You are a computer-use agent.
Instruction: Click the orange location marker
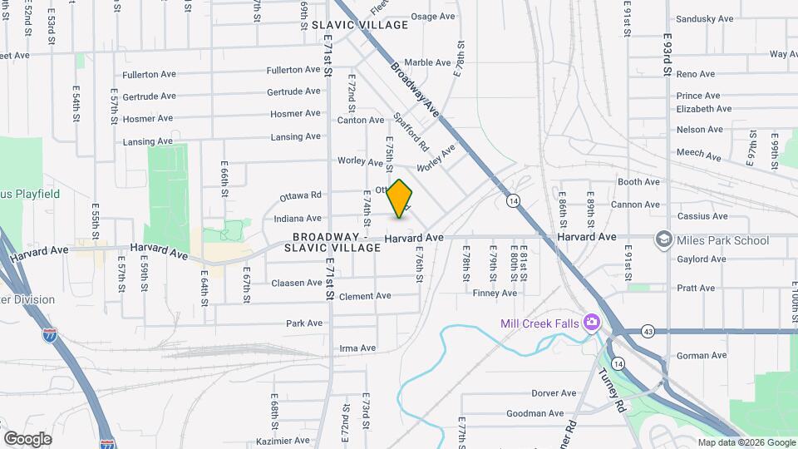400,199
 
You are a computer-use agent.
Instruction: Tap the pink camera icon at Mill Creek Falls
591,322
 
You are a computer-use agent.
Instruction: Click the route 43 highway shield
647,332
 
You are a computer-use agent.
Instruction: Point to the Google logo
27,439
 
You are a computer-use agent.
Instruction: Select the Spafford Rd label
410,131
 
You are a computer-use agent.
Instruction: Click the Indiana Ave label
297,219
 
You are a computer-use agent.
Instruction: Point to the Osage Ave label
433,17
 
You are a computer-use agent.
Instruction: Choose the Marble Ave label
427,62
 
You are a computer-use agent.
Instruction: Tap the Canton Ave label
360,121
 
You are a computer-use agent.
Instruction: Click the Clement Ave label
364,296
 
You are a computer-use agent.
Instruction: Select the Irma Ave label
357,348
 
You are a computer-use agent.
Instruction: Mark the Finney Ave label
495,294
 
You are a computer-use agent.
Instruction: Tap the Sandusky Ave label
704,18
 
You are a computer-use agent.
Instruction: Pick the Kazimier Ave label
283,441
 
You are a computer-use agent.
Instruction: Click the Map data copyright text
745,442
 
